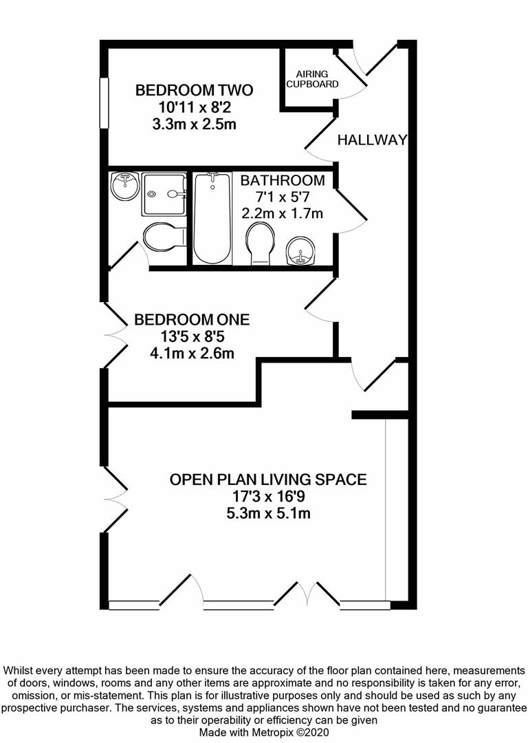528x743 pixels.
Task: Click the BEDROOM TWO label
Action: tap(194, 90)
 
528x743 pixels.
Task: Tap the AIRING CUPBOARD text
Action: tap(312, 79)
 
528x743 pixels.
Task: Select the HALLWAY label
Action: tap(372, 140)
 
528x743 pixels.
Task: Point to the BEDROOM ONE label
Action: tap(192, 320)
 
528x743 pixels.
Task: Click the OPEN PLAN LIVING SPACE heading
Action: tap(268, 479)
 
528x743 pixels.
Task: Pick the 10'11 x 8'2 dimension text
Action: tap(194, 107)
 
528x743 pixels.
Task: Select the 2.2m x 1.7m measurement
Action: tap(282, 214)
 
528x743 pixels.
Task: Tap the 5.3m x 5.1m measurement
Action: tap(268, 513)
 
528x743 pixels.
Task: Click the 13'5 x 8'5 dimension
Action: tap(192, 337)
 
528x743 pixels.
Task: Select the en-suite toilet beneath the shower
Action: tap(164, 237)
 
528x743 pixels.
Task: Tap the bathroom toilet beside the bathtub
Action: tap(260, 242)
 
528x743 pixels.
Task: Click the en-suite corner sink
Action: tap(125, 186)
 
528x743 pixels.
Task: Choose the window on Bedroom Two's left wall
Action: tap(104, 103)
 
